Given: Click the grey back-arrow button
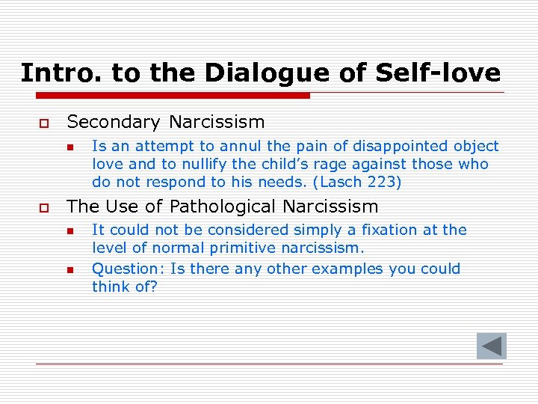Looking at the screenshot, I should coord(492,346).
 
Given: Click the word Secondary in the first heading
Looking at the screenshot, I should coord(114,122).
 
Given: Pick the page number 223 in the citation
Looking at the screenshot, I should coord(383,182).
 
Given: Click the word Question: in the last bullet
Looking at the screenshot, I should coord(124,269).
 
